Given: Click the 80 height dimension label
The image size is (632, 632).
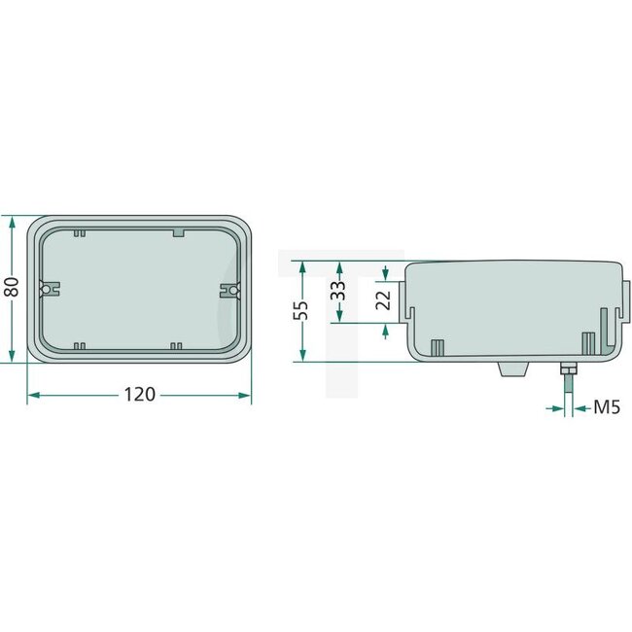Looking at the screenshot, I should click(x=11, y=289).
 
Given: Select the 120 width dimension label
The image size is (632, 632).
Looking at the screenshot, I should click(x=139, y=395).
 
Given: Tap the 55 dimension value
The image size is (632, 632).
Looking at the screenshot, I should click(x=301, y=311).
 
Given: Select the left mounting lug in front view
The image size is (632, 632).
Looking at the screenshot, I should click(x=47, y=289).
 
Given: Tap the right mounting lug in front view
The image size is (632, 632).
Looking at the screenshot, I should click(x=229, y=289).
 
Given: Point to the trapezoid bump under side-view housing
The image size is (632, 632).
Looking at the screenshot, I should click(x=511, y=369).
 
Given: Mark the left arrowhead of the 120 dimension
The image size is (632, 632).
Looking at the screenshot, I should click(x=32, y=395).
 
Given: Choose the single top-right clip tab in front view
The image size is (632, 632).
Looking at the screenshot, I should click(x=178, y=232).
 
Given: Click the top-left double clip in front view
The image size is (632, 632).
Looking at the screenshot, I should click(x=79, y=232).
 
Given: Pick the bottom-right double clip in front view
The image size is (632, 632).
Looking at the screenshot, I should click(x=176, y=345).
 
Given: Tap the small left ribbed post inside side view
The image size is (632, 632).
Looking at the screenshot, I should click(x=438, y=347).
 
